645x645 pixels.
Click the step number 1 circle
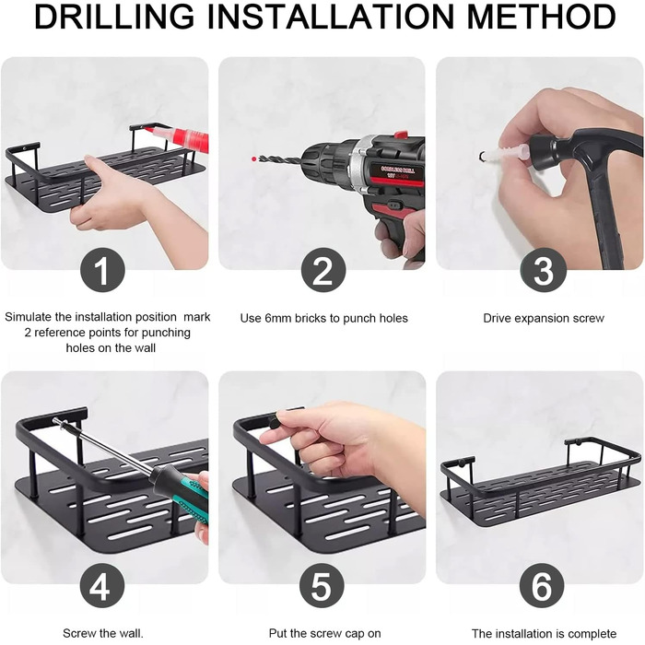102,270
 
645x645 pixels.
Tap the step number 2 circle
323,270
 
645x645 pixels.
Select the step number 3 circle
543,270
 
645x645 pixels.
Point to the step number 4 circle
102,586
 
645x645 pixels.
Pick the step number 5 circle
322,586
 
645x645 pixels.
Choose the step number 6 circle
542,586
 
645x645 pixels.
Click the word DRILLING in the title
114,17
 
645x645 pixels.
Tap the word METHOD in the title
541,17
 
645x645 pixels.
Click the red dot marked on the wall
253,158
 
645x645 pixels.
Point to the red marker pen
177,135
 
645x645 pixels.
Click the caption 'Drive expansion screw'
544,318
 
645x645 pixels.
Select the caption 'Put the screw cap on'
324,633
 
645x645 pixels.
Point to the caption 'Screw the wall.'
103,633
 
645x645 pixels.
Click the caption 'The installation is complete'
544,634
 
